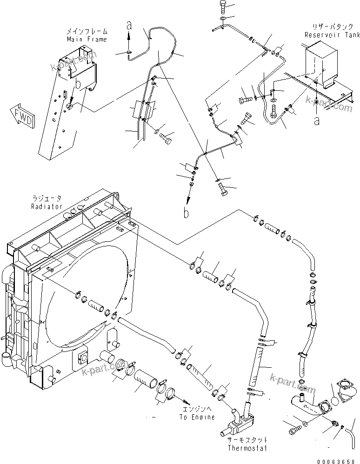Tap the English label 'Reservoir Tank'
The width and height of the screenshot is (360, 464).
pos(325,35)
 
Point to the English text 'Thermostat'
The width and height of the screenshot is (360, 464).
pos(247,448)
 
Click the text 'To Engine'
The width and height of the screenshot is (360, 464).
pos(197,417)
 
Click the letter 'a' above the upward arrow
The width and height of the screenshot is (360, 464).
pos(129,25)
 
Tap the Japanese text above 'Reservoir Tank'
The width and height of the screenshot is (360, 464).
pos(325,27)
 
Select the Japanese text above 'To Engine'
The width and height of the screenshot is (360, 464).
pos(197,410)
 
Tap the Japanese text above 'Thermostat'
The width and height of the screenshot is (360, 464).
pos(247,440)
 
